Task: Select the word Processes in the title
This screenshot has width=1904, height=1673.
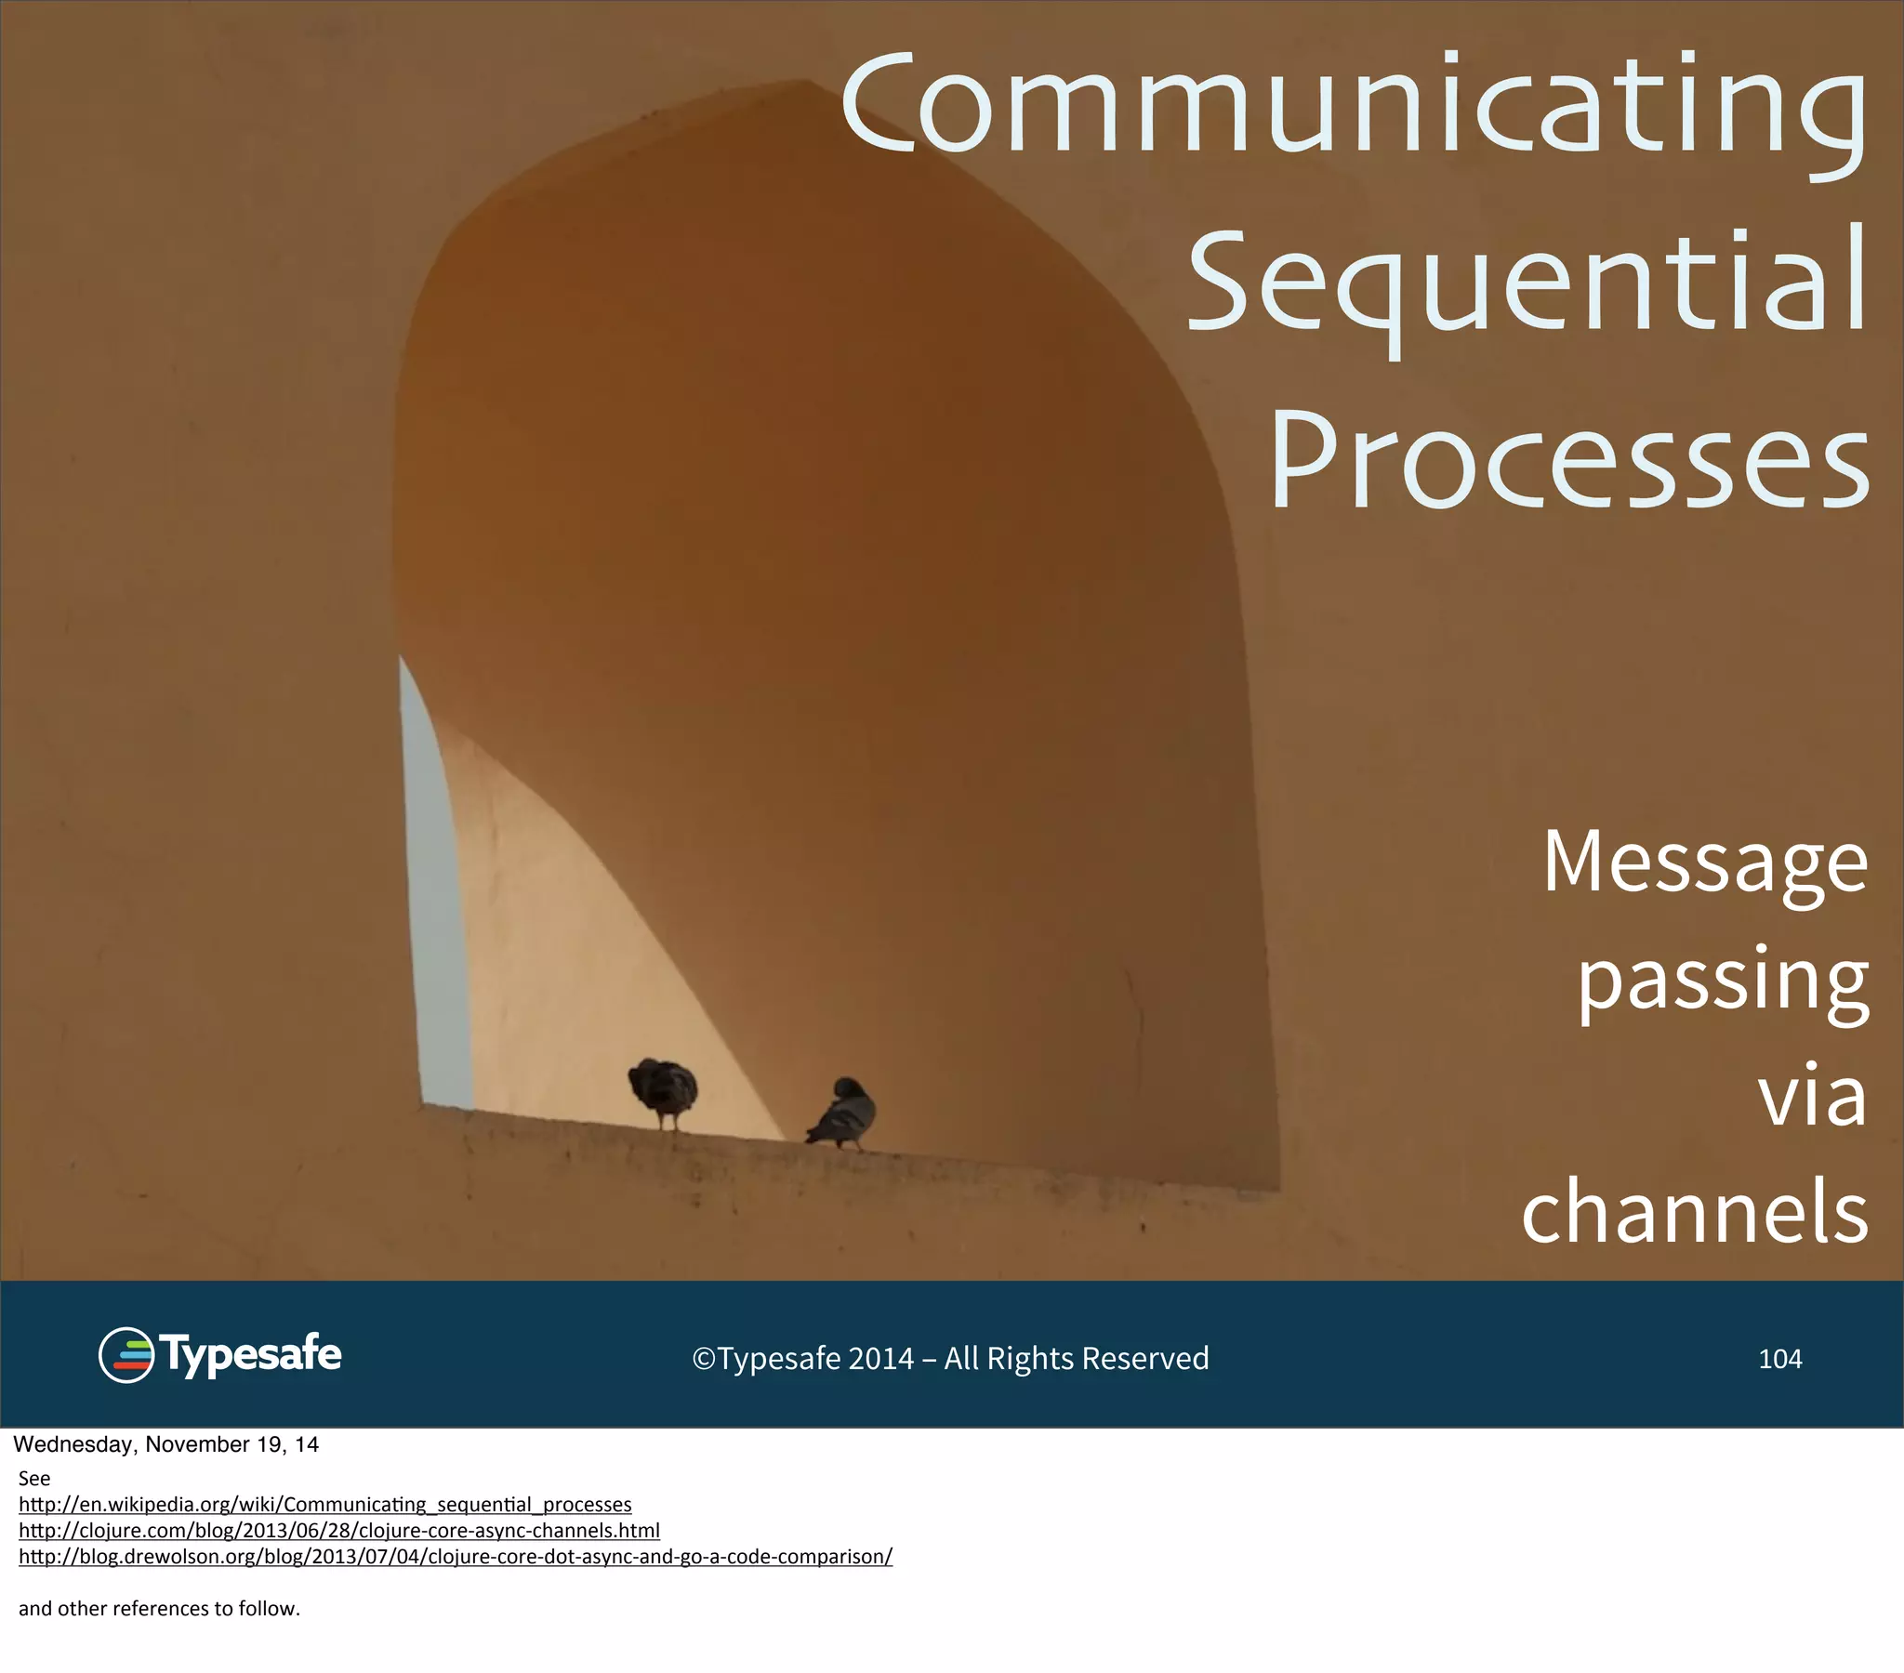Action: (1569, 461)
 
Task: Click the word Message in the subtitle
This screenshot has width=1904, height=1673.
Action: (1705, 862)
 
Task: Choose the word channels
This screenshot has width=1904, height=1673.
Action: (1696, 1211)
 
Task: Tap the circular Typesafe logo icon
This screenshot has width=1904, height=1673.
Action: (126, 1354)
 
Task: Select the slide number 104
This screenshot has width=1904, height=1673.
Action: (1779, 1358)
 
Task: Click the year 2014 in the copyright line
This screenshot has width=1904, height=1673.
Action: (880, 1358)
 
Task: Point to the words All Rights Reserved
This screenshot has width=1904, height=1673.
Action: (1076, 1358)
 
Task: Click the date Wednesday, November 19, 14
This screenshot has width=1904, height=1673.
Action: (165, 1444)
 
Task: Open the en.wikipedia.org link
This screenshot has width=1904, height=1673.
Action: (324, 1505)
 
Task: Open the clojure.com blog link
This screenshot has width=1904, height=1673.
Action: (338, 1531)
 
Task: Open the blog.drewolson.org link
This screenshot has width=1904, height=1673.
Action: (455, 1557)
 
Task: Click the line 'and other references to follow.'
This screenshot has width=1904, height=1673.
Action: (159, 1609)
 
